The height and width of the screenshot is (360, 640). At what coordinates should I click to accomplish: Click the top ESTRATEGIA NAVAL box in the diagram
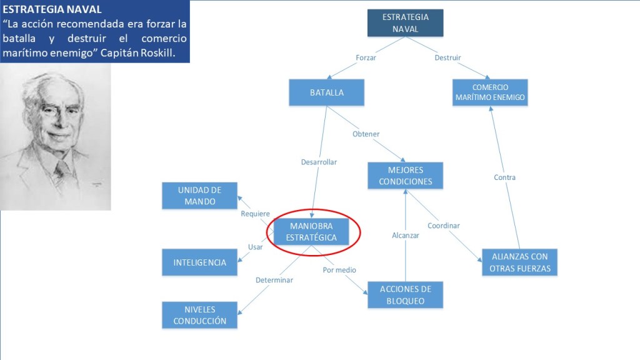point(405,22)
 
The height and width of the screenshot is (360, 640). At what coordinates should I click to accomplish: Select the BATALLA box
point(326,92)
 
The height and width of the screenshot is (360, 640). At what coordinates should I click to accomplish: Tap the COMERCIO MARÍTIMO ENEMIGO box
point(490,92)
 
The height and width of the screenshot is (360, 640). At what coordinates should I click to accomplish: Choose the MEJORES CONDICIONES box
point(405,176)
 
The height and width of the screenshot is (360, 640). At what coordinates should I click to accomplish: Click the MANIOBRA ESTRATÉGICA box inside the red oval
point(311,232)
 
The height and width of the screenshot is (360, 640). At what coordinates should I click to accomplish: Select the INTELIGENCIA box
point(200,262)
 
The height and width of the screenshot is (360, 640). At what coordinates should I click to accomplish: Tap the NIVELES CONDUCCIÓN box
point(200,315)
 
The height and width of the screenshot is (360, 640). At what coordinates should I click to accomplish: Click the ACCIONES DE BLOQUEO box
point(405,295)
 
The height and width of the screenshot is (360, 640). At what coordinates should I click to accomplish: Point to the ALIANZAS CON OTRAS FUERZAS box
point(519,262)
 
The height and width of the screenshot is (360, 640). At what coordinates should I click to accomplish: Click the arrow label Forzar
point(366,57)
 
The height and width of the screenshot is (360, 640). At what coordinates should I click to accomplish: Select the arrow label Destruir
point(447,57)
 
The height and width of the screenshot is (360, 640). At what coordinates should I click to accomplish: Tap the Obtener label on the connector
point(366,134)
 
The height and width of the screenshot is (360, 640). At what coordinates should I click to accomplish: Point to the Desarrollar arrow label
point(319,162)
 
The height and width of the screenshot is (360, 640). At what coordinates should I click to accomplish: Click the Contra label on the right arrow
point(504,177)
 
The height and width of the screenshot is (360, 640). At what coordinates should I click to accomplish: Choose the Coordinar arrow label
point(444,226)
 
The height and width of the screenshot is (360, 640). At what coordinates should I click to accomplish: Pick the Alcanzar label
point(406,236)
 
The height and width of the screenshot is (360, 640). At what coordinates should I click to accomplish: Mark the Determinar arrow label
point(274,280)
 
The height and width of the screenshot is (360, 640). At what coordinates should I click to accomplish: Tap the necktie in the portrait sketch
point(62,167)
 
